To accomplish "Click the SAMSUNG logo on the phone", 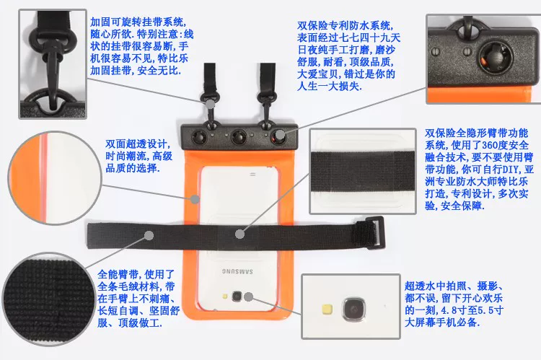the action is pyautogui.click(x=237, y=271).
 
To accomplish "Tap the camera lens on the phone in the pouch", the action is pyautogui.click(x=237, y=296).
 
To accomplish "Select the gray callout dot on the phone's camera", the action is pyautogui.click(x=248, y=297).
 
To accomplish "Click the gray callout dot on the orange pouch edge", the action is pyautogui.click(x=195, y=199).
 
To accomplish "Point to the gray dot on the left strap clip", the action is pyautogui.click(x=211, y=104).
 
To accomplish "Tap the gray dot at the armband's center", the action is pyautogui.click(x=239, y=234).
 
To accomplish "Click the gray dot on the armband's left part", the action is pyautogui.click(x=149, y=235).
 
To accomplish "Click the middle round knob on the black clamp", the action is pyautogui.click(x=239, y=136).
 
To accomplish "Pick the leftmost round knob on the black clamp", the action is pyautogui.click(x=199, y=136).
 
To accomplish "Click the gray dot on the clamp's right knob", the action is pyautogui.click(x=280, y=135).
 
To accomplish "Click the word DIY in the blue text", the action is pyautogui.click(x=511, y=169).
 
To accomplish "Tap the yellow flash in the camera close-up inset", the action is pyautogui.click(x=327, y=309).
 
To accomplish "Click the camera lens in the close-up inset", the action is pyautogui.click(x=353, y=309).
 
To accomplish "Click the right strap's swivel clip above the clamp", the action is pyautogui.click(x=267, y=106).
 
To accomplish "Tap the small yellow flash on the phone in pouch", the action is pyautogui.click(x=225, y=296).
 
